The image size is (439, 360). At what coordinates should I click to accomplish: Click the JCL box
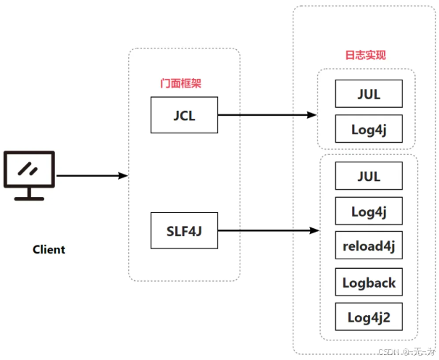[x=184, y=115]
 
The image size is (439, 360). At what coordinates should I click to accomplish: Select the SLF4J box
[x=184, y=231]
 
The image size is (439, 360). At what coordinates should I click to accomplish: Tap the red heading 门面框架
[x=180, y=83]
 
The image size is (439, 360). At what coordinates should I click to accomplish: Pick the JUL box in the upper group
[x=368, y=94]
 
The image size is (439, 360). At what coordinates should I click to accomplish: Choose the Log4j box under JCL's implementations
[x=368, y=128]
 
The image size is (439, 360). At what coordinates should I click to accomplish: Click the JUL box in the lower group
[x=368, y=176]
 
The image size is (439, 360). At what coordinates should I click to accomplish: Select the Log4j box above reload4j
[x=368, y=212]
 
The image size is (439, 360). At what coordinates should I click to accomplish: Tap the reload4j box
[x=368, y=246]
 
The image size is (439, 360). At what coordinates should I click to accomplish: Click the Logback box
[x=368, y=282]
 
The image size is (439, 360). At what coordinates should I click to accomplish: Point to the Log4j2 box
[x=368, y=317]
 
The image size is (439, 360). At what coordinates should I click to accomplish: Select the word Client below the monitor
[x=49, y=250]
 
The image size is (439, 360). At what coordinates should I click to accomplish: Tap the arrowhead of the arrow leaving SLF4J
[x=315, y=231]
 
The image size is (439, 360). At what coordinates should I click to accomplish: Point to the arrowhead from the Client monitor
[x=124, y=176]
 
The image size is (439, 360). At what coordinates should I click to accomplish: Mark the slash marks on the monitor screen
[x=28, y=168]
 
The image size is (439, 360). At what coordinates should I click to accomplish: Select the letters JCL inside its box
[x=184, y=115]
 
